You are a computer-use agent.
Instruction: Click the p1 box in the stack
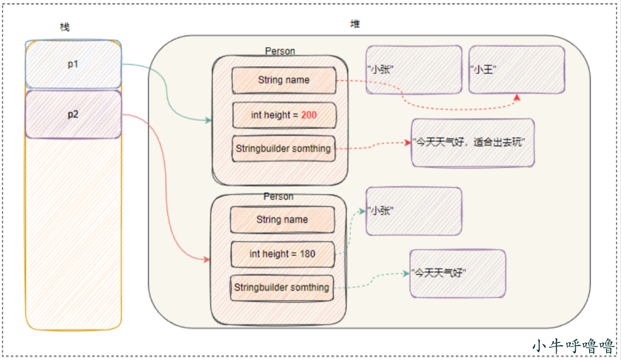[x=73, y=64]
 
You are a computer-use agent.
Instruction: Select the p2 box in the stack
[x=73, y=114]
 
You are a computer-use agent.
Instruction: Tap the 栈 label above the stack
[x=64, y=27]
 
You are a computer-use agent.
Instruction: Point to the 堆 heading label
[x=355, y=24]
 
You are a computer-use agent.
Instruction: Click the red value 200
[x=309, y=115]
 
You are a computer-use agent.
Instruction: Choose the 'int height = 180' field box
[x=282, y=254]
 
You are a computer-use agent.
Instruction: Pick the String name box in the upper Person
[x=284, y=80]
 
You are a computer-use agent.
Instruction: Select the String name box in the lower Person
[x=282, y=220]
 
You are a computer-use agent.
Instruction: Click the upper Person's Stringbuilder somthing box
[x=283, y=148]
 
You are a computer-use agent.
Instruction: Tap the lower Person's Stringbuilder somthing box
[x=282, y=288]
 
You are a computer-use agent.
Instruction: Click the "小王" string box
[x=517, y=70]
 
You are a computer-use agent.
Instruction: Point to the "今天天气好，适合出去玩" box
[x=473, y=143]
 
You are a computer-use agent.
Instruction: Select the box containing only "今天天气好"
[x=458, y=273]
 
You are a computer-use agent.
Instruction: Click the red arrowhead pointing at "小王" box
[x=517, y=97]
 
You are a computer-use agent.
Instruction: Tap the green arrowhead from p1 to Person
[x=208, y=120]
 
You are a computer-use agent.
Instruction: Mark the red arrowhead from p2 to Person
[x=207, y=259]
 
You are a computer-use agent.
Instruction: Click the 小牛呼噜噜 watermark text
[x=574, y=346]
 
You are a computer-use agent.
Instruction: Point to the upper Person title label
[x=280, y=51]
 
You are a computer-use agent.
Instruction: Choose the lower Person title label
[x=279, y=196]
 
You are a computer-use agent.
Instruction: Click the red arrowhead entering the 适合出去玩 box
[x=407, y=143]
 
